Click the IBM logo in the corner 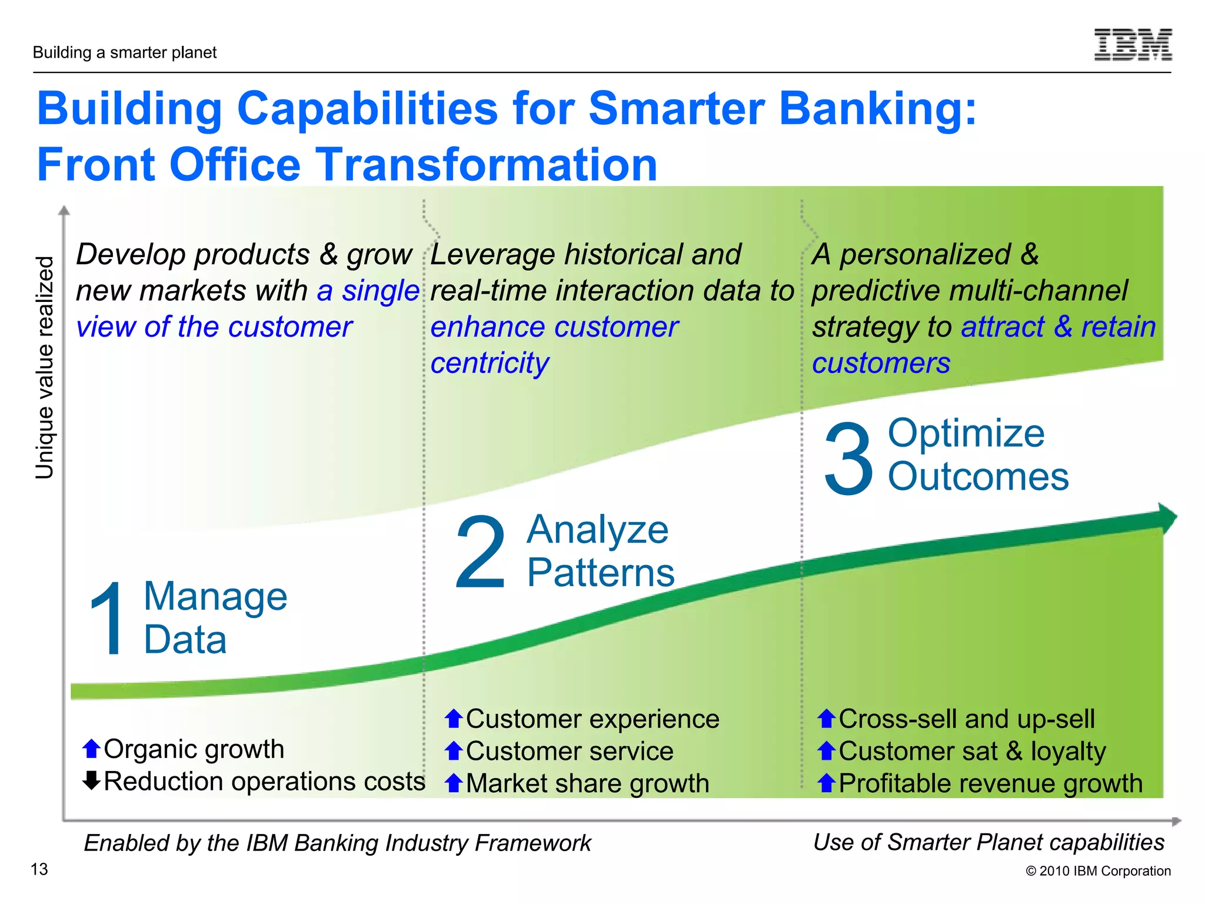(x=1133, y=45)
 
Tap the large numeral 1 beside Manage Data (x=108, y=618)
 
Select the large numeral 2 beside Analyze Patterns (x=481, y=552)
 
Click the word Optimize (x=966, y=434)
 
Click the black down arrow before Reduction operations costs (x=91, y=780)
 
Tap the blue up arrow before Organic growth (x=91, y=749)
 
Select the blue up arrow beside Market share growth (x=453, y=783)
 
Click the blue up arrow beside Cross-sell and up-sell (x=826, y=719)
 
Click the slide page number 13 (x=39, y=869)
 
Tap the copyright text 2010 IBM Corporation (x=1098, y=871)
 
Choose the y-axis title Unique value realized (x=45, y=367)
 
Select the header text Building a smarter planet (x=125, y=53)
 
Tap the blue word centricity (x=490, y=363)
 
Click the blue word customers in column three (x=881, y=363)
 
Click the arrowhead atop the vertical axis (x=65, y=210)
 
